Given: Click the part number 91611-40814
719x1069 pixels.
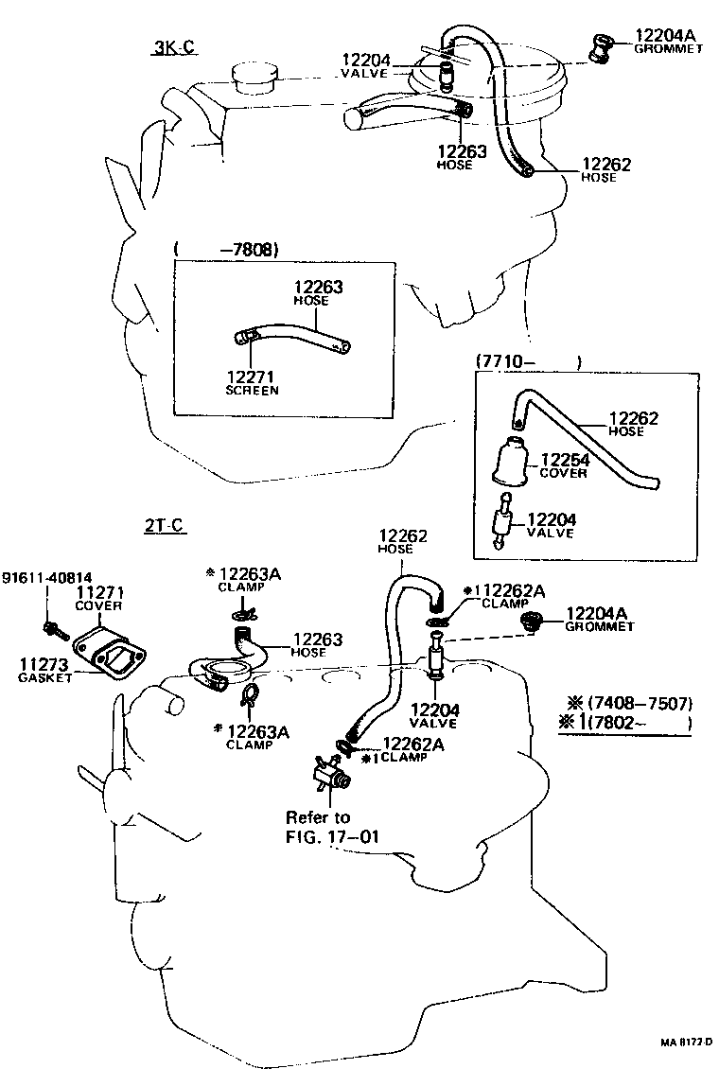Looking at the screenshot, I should [x=46, y=578].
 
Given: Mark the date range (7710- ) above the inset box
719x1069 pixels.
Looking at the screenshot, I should [x=525, y=360].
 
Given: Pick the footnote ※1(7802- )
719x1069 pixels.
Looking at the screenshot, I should [x=626, y=724].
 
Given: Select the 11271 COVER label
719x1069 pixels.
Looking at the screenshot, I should [x=99, y=598].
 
